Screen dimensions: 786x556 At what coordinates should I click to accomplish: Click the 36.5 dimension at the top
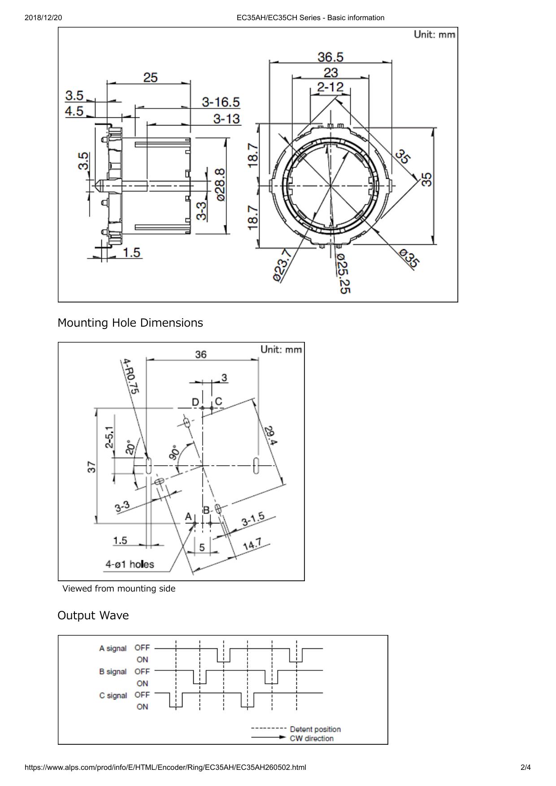[x=330, y=57]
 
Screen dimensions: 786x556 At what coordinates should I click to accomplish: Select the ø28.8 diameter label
[x=220, y=185]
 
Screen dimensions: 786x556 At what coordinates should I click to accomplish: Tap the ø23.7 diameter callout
[x=282, y=266]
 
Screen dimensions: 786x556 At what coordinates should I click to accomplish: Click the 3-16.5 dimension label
[x=220, y=103]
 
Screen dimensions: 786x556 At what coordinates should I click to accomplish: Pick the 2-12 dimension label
[x=330, y=86]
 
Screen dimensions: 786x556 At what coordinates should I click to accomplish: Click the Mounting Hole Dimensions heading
[x=130, y=323]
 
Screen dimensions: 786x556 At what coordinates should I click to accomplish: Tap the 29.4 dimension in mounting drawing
[x=271, y=435]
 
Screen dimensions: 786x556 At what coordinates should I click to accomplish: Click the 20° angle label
[x=130, y=447]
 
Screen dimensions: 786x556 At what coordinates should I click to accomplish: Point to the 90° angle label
[x=174, y=453]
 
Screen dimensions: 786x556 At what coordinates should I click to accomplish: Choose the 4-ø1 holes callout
[x=130, y=564]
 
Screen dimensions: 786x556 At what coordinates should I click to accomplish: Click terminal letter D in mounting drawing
[x=195, y=402]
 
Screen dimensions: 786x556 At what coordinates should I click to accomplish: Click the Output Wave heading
[x=93, y=615]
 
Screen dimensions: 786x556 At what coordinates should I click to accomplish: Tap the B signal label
[x=113, y=672]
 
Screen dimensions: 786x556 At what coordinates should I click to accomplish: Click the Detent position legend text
[x=315, y=730]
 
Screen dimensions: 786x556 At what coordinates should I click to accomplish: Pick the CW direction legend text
[x=312, y=738]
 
